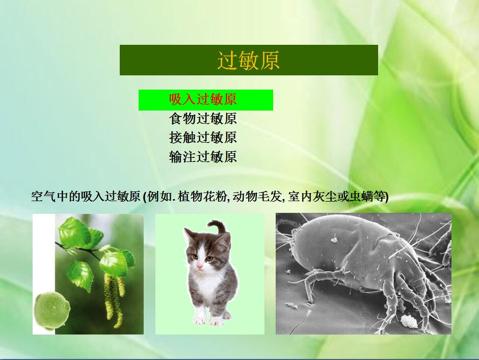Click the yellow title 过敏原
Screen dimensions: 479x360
point(248,60)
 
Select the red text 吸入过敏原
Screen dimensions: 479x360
point(203,99)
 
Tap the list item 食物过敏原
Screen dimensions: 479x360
point(203,119)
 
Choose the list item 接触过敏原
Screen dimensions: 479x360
point(203,137)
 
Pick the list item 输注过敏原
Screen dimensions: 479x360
point(203,157)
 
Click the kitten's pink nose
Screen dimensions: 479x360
point(200,267)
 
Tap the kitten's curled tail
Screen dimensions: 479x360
point(217,228)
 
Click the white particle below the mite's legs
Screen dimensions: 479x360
point(409,321)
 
